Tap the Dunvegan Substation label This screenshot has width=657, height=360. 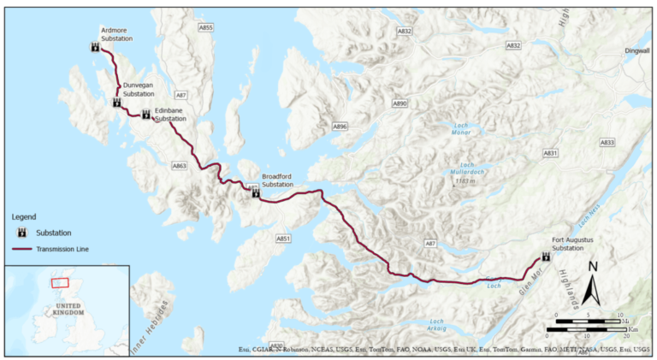[139, 90]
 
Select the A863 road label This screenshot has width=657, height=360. [179, 165]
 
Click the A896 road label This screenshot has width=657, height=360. [340, 127]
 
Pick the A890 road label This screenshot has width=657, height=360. [400, 103]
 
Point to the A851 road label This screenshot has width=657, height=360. [284, 238]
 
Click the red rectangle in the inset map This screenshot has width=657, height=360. [60, 281]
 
